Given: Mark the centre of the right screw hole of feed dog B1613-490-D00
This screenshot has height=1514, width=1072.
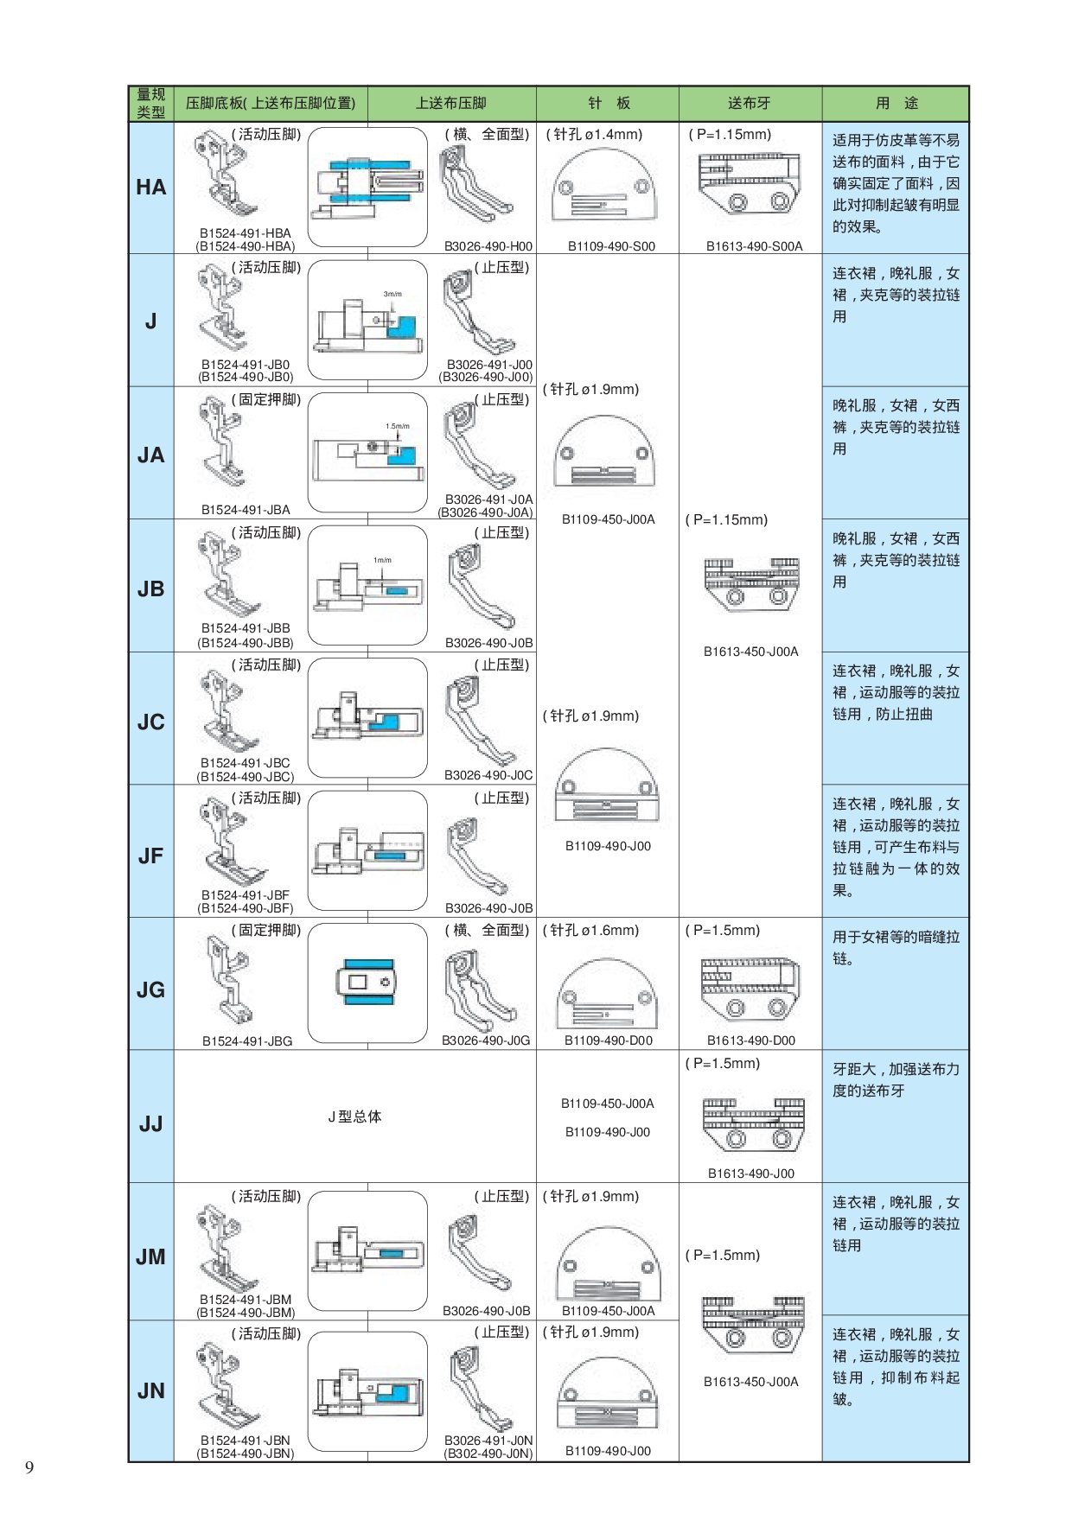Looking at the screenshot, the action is coord(777,1008).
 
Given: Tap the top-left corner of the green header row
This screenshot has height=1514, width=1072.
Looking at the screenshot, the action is coord(129,86).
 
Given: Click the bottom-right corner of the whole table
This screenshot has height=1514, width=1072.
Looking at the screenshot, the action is coord(968,1461).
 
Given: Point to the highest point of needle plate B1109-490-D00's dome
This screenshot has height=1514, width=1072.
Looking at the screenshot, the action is coord(608,958).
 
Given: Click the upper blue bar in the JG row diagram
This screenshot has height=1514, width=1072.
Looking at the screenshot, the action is coord(368,964).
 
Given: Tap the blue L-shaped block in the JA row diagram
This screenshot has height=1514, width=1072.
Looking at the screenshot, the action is coord(402,455).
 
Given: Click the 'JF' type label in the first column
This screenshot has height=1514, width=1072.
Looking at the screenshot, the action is coord(150,856).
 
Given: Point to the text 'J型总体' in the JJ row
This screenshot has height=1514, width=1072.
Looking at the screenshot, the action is coord(354,1116).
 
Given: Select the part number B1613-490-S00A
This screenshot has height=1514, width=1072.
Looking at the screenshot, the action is coord(754,246).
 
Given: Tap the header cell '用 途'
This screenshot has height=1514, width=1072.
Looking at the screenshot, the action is coord(897,104).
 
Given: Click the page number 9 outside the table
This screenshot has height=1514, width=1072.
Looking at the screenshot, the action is coord(30,1467).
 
